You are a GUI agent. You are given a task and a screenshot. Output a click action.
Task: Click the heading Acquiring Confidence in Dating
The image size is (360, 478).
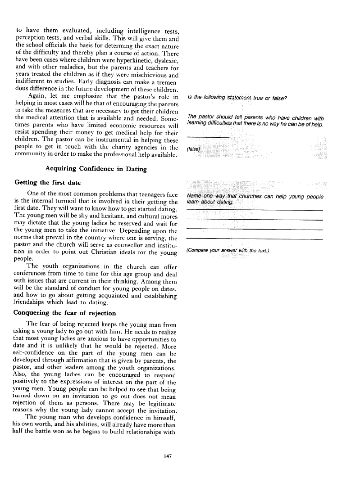96,169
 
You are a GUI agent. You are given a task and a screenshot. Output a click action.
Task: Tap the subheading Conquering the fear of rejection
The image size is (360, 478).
65,313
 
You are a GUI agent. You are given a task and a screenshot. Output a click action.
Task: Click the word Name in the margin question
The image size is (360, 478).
194,196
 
